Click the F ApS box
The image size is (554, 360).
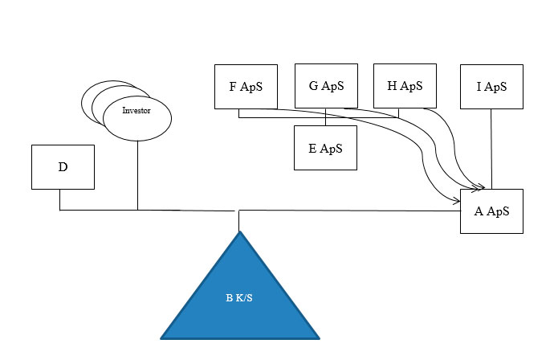point(246,87)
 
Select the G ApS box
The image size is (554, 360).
point(326,86)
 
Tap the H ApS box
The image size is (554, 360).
point(405,86)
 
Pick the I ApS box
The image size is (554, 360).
point(491,87)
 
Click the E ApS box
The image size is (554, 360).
point(325,148)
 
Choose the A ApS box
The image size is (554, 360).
point(491,211)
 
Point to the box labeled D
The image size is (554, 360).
point(63,167)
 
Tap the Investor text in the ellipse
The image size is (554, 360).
point(136,110)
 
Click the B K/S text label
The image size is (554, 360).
point(239,298)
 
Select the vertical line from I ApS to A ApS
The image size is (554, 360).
point(491,149)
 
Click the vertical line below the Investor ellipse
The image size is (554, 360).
point(137,175)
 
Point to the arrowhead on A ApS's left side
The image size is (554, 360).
point(456,202)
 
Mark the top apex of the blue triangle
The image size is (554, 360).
point(239,231)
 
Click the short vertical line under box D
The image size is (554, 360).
point(59,200)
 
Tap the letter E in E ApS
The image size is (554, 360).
point(312,148)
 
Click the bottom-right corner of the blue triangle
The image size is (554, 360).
point(320,339)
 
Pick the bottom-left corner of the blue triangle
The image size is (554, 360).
point(161,339)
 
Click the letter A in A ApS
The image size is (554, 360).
point(479,211)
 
